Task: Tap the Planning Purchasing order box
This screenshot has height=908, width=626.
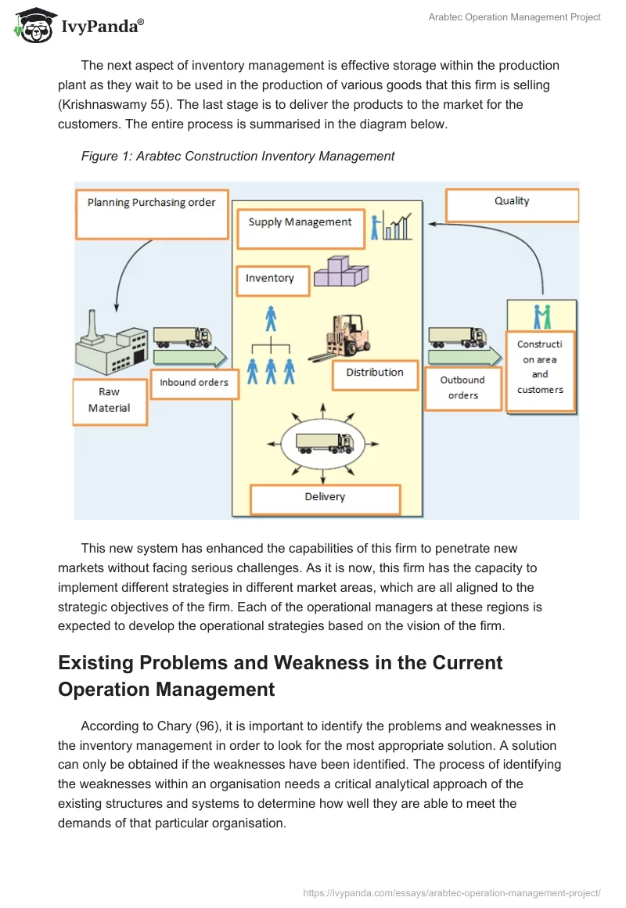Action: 151,213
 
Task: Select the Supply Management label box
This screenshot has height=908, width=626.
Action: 300,223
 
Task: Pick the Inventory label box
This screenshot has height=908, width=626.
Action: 272,279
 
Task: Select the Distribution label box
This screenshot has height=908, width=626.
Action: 374,373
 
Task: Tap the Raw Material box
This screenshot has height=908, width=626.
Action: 110,402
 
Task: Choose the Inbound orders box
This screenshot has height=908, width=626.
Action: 194,383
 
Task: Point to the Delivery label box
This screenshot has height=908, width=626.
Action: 325,498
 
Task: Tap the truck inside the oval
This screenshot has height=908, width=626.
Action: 324,444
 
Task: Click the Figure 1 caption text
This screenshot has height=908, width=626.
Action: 238,156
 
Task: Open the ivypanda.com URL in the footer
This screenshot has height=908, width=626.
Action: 452,892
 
